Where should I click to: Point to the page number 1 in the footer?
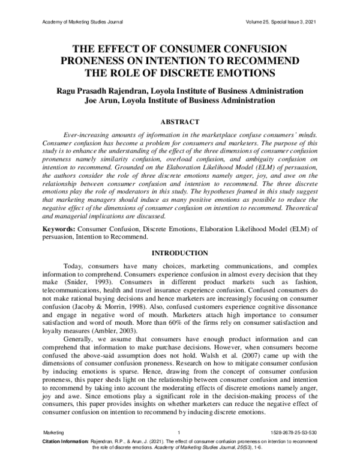point(179,433)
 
